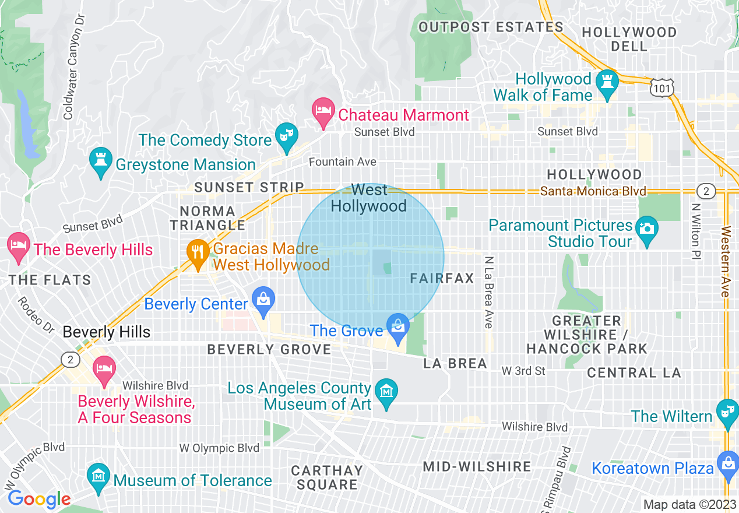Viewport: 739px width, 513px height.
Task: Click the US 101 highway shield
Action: click(x=663, y=87)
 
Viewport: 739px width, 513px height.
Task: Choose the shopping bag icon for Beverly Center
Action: click(x=263, y=300)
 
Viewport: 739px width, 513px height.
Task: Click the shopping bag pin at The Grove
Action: click(x=398, y=327)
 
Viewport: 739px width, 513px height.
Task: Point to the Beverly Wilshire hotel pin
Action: click(x=105, y=369)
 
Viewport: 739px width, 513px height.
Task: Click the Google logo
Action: click(x=39, y=499)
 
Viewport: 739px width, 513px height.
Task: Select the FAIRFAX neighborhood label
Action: click(x=442, y=279)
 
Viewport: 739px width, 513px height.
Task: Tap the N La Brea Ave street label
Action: click(x=488, y=291)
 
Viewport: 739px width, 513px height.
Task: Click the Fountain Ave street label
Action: click(x=343, y=161)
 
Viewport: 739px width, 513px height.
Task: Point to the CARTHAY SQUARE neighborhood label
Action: click(x=327, y=477)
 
